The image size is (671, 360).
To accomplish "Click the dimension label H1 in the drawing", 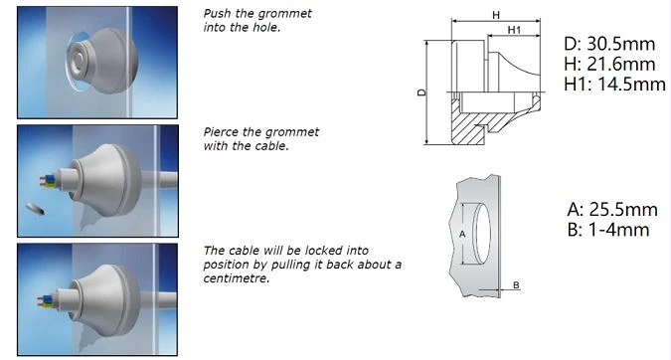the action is point(514,30).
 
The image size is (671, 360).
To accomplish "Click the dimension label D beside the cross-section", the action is point(421,92).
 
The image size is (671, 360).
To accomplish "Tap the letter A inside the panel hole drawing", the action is point(462,234).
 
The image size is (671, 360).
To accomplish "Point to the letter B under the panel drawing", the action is point(516,285).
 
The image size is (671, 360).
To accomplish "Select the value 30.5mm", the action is point(620,44).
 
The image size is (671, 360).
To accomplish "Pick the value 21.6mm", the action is point(621,64).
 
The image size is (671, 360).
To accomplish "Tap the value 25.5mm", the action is point(623,209).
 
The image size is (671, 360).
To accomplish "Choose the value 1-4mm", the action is point(618,230).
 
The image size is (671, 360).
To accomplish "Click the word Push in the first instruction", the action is point(218,13).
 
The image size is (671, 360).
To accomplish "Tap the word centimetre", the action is point(237,278).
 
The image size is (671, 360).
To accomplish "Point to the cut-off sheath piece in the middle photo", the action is point(35,209).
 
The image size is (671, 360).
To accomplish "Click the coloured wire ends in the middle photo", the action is point(48,181).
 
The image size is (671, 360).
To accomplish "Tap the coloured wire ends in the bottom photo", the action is point(46,300).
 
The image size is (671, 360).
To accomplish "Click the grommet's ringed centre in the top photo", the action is point(80,59).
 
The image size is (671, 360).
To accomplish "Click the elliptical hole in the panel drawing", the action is point(481,234).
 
